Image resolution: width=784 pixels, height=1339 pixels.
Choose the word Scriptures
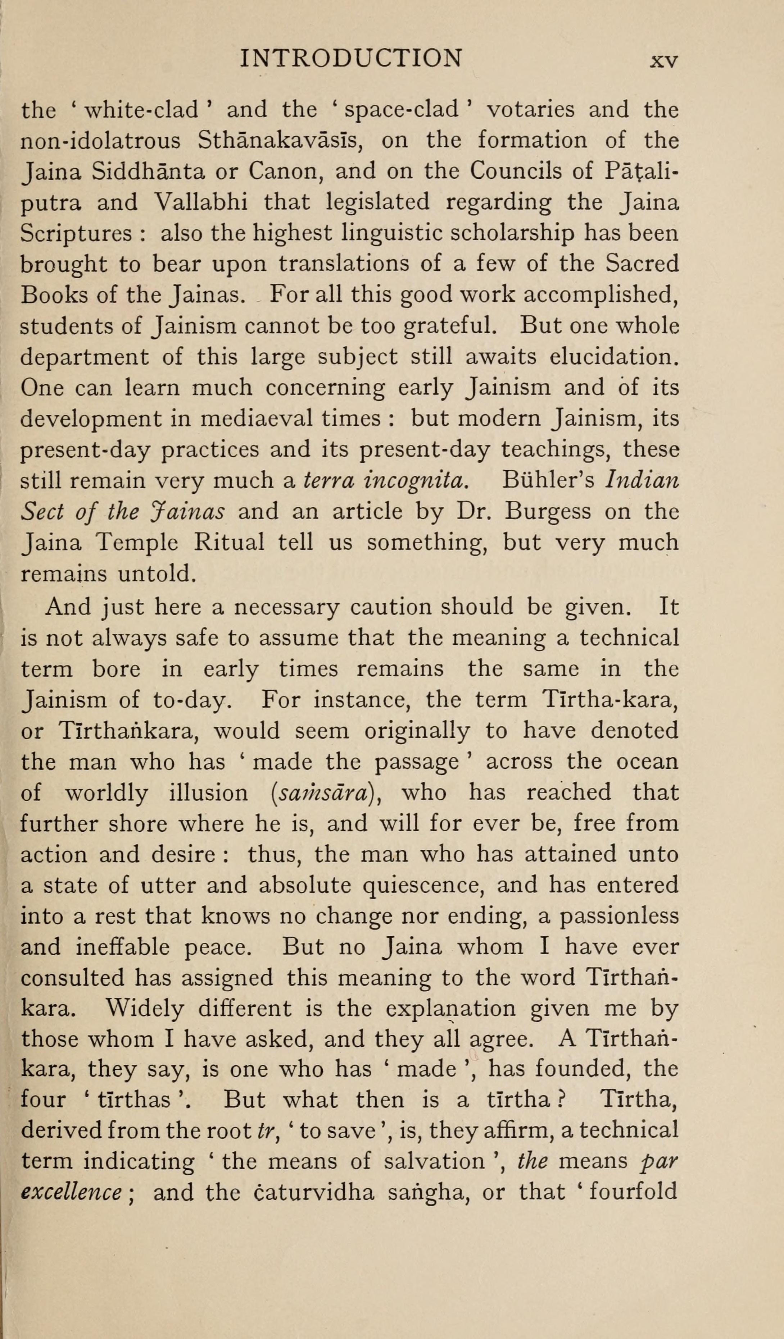point(76,233)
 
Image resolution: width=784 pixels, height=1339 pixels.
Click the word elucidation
point(614,357)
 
